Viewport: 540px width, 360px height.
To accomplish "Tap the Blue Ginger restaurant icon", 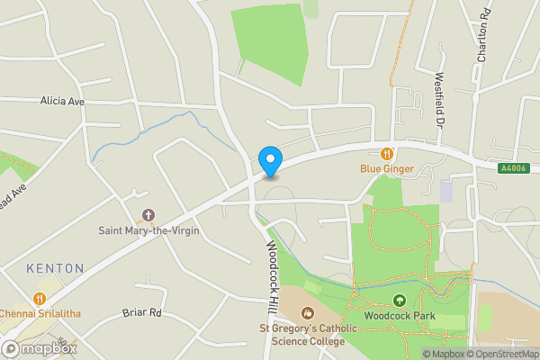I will point(388,154).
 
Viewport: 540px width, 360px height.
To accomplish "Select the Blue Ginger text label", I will point(387,167).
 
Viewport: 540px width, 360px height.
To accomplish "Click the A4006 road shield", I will point(512,168).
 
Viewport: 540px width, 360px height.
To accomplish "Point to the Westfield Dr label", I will point(441,98).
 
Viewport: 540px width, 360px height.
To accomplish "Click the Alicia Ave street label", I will point(62,102).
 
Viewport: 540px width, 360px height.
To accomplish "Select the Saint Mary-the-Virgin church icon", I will point(148,216).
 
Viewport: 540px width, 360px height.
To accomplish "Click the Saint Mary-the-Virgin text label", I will point(148,230).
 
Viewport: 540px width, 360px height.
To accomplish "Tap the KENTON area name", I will point(55,268).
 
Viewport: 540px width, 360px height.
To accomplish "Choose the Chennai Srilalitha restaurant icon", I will point(39,298).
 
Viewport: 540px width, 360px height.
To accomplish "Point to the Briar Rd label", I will point(141,313).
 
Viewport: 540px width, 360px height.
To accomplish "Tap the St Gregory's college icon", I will point(307,313).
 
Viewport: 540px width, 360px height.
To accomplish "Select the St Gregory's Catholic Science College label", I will point(302,335).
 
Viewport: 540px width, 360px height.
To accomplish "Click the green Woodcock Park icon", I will point(400,301).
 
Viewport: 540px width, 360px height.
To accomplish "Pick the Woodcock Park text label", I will point(400,316).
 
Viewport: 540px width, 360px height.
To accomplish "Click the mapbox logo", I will point(40,348).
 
